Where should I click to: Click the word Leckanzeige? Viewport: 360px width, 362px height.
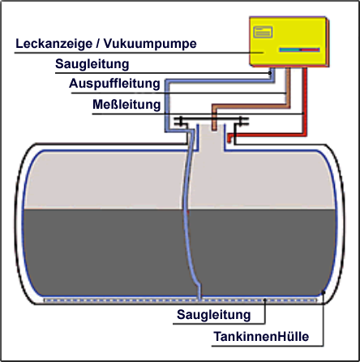pyautogui.click(x=54, y=44)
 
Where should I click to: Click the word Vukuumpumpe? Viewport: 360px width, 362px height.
pyautogui.click(x=150, y=44)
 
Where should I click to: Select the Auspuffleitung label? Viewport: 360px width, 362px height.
pyautogui.click(x=114, y=84)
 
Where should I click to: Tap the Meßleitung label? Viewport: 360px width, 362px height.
pyautogui.click(x=126, y=105)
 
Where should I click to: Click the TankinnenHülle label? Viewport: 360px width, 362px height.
pyautogui.click(x=261, y=337)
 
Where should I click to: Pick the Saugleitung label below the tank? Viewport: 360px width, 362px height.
pyautogui.click(x=214, y=315)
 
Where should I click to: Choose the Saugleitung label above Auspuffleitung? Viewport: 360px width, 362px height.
pyautogui.click(x=92, y=64)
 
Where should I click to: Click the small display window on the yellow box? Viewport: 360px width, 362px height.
pyautogui.click(x=263, y=32)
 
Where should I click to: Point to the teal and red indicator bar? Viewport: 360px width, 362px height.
pyautogui.click(x=299, y=50)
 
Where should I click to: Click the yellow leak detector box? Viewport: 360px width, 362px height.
pyautogui.click(x=288, y=41)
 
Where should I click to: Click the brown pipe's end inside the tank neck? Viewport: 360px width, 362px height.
pyautogui.click(x=214, y=128)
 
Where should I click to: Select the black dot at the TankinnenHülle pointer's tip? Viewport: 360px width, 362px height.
pyautogui.click(x=324, y=292)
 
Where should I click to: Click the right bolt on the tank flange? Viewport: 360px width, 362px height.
pyautogui.click(x=242, y=122)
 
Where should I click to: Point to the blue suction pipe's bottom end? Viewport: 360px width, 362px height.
pyautogui.click(x=199, y=297)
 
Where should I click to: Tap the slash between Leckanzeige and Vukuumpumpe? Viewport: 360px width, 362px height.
pyautogui.click(x=98, y=44)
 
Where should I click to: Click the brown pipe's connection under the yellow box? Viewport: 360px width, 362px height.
pyautogui.click(x=288, y=70)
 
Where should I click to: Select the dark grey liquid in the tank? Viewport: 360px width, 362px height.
pyautogui.click(x=180, y=252)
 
